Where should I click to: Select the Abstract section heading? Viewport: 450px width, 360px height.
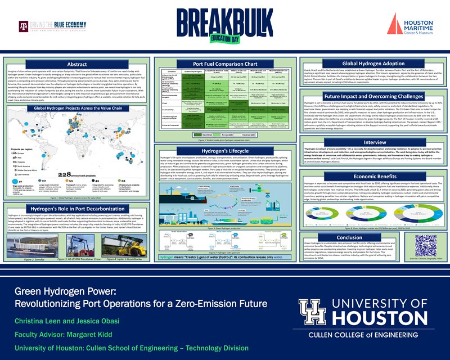76,64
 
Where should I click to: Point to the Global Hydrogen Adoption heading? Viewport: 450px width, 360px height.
373,64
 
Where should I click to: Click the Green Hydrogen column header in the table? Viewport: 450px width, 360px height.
193,71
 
